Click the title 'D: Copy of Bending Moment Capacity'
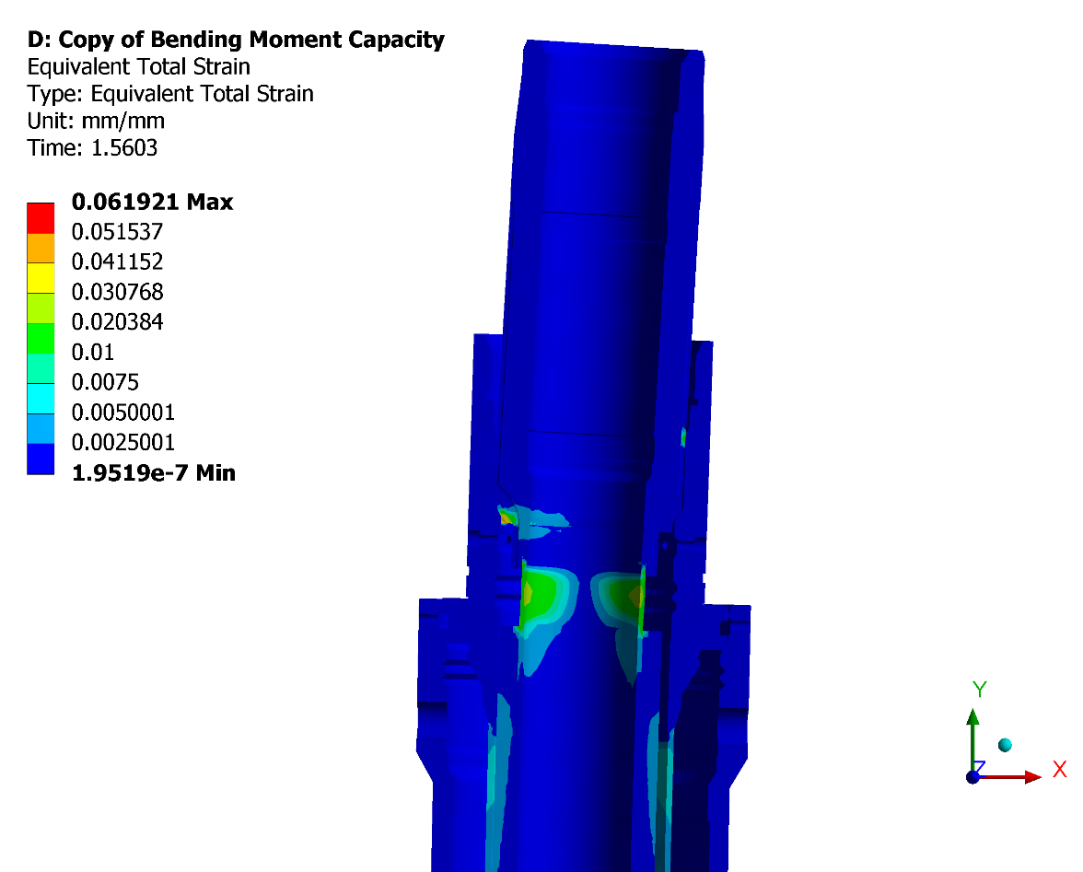pyautogui.click(x=236, y=40)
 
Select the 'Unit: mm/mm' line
pyautogui.click(x=96, y=121)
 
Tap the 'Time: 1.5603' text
pyautogui.click(x=92, y=147)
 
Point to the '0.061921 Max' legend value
pyautogui.click(x=153, y=202)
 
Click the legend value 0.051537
pyautogui.click(x=118, y=231)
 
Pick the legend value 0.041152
pyautogui.click(x=118, y=262)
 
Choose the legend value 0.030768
pyautogui.click(x=118, y=292)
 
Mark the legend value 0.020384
pyautogui.click(x=118, y=321)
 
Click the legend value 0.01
pyautogui.click(x=92, y=352)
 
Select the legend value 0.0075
pyautogui.click(x=105, y=382)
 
